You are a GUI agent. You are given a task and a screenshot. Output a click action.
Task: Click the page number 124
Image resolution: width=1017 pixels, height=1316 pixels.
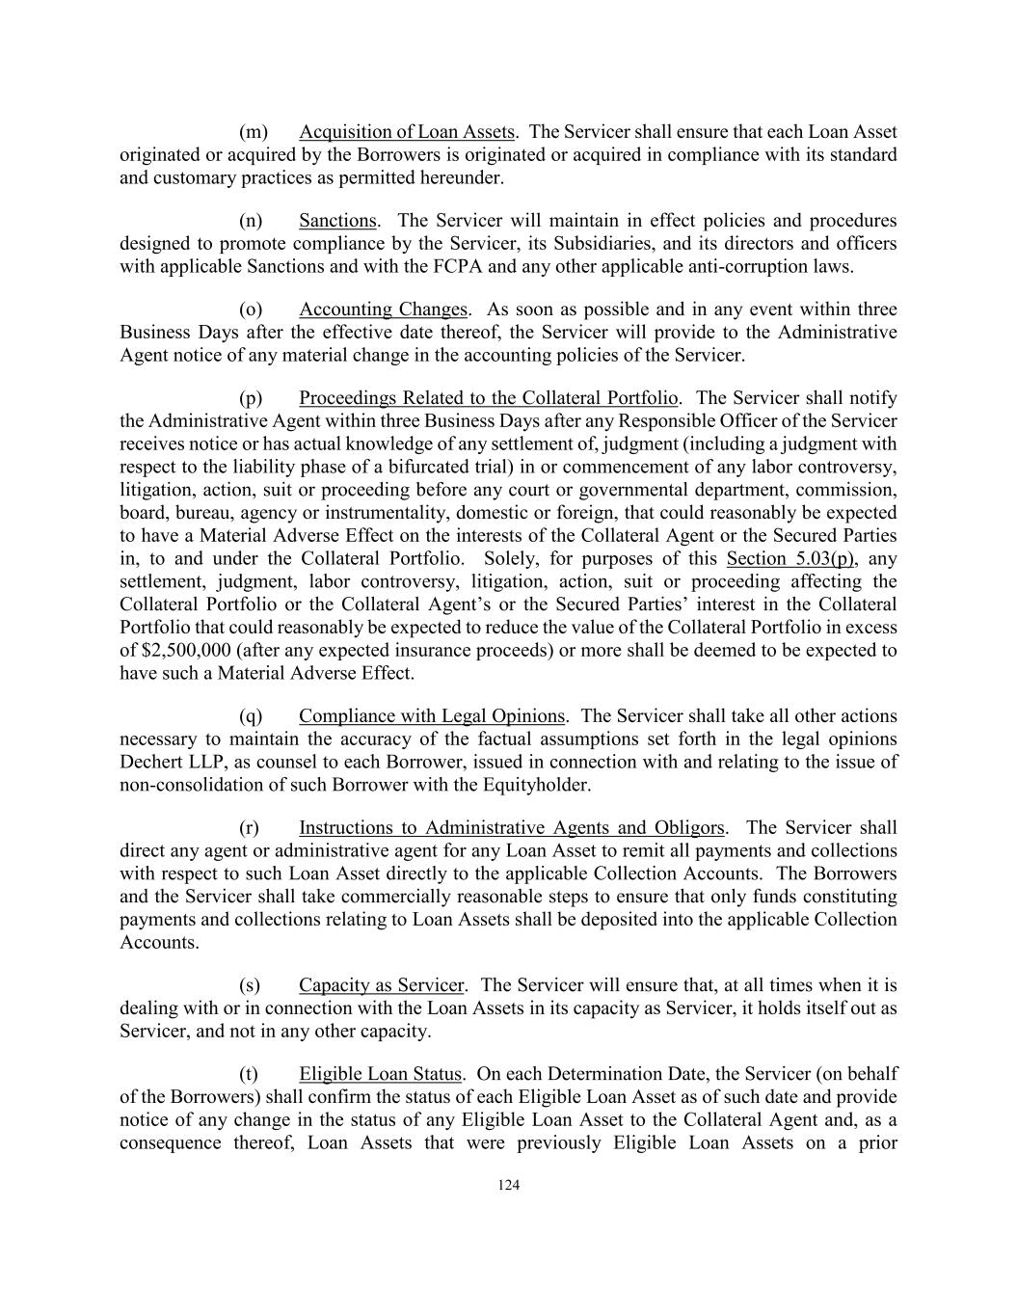(508, 1186)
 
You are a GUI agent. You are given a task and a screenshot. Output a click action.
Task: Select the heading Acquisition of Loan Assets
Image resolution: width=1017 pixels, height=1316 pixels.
(407, 132)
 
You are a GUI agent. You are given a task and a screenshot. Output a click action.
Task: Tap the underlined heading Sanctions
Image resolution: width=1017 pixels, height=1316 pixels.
(337, 222)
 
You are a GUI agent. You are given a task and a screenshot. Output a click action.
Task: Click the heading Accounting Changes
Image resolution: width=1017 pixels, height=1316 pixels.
(383, 309)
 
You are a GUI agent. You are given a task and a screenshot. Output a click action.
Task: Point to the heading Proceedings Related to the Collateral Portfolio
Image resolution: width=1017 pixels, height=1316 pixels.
(489, 398)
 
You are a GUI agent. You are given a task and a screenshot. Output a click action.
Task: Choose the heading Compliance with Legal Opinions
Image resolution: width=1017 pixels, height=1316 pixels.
(432, 716)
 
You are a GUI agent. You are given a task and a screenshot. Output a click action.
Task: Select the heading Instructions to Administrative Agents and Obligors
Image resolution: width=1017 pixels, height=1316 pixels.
(511, 828)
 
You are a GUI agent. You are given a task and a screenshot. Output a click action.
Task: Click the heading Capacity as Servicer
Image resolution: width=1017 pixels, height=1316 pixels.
(382, 985)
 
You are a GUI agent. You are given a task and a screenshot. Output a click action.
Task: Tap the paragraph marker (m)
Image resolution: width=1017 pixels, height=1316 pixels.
(253, 132)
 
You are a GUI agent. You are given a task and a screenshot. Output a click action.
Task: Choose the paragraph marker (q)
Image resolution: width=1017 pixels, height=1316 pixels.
(251, 716)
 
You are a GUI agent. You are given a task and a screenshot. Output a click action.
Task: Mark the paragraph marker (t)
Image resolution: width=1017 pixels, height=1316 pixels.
(249, 1074)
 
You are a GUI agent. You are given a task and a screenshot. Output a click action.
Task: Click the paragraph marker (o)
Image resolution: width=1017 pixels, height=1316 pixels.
(251, 309)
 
